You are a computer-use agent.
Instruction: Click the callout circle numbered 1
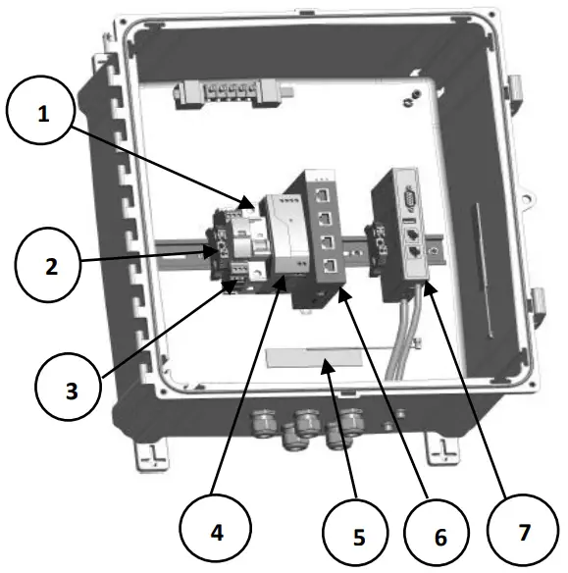click(42, 114)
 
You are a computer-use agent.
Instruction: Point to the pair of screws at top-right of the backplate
click(413, 98)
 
